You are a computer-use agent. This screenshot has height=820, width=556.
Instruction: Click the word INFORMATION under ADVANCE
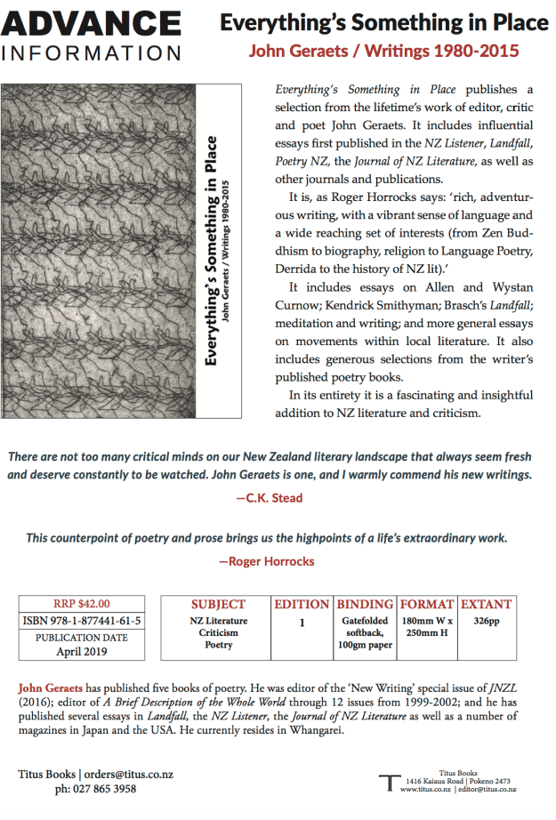point(93,53)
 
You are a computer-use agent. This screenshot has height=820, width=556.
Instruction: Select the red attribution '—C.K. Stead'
point(269,498)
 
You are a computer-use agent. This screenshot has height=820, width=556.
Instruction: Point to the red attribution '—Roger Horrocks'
point(266,561)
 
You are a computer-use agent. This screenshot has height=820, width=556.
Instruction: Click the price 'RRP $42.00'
point(81,603)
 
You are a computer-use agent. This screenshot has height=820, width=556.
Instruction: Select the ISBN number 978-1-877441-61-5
point(81,621)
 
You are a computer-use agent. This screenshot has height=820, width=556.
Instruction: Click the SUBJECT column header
point(218,605)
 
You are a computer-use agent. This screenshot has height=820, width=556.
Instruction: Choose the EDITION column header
point(302,605)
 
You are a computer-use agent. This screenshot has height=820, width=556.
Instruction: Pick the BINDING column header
point(365,605)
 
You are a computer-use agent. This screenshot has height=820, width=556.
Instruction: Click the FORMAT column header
point(427,605)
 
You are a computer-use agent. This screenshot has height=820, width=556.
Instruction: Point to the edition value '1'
point(302,623)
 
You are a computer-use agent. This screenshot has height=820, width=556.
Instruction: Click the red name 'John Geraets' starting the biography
point(51,688)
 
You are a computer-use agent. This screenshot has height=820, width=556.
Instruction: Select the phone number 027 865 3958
point(95,789)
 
